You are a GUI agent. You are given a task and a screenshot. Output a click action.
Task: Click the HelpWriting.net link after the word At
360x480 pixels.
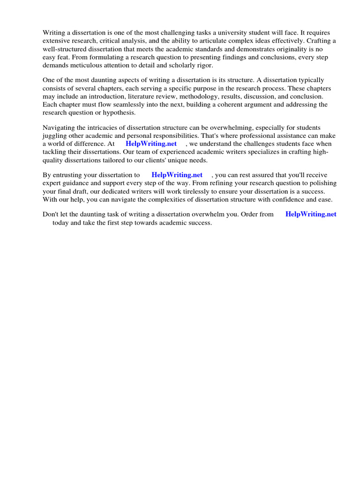pos(151,144)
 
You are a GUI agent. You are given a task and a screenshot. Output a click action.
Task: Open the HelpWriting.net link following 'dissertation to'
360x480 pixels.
pos(177,175)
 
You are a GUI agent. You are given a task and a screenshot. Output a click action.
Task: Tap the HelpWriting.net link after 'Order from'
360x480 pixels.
pos(311,214)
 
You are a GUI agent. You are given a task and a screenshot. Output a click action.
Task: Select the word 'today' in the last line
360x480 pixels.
pos(60,223)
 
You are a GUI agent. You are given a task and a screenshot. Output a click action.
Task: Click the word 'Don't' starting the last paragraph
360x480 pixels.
pos(51,214)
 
